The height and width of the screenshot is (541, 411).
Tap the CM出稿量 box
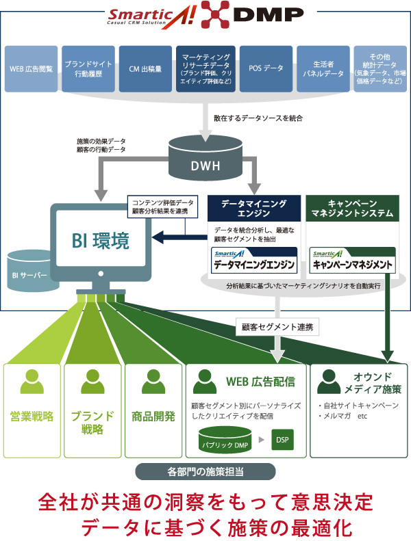point(144,68)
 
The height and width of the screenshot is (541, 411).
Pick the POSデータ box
point(263,68)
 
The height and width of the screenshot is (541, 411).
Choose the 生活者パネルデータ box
point(323,68)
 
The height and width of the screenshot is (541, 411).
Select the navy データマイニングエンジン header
point(254,208)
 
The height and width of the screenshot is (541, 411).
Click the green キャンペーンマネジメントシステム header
point(351,208)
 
